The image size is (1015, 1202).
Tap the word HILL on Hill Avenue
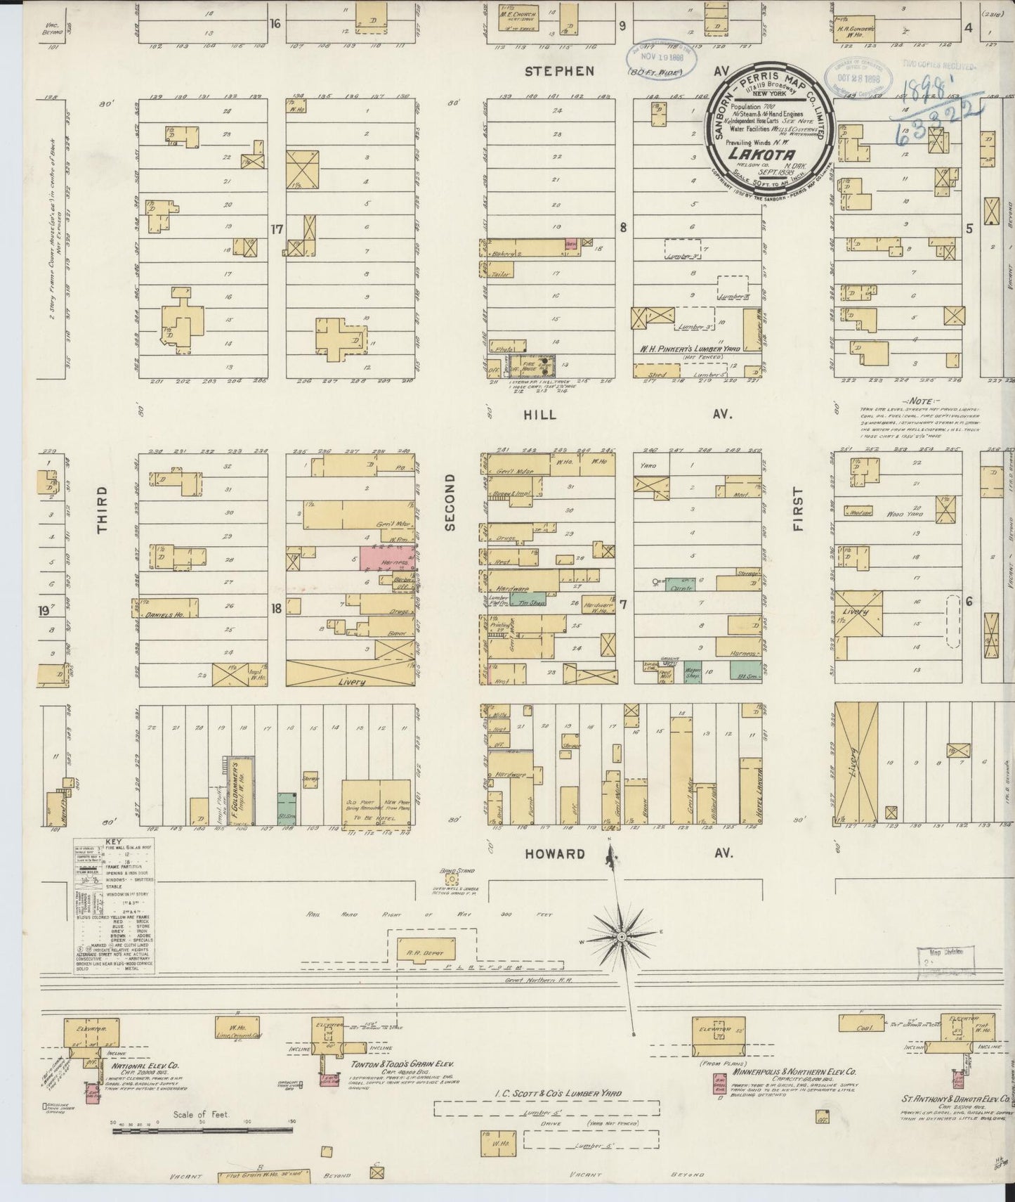coord(539,415)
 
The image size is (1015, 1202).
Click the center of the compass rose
coord(622,938)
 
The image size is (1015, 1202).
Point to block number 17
coord(277,228)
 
